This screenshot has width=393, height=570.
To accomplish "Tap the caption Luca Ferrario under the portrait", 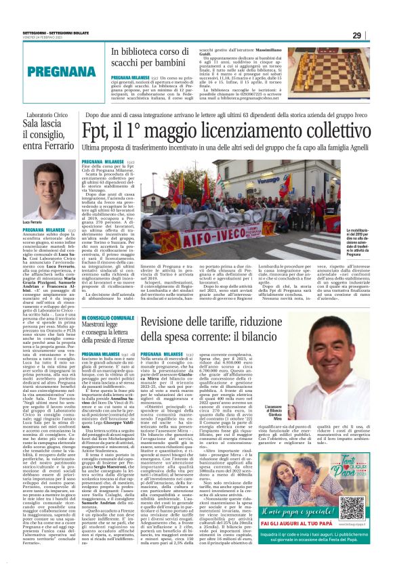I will tap(33, 222).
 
